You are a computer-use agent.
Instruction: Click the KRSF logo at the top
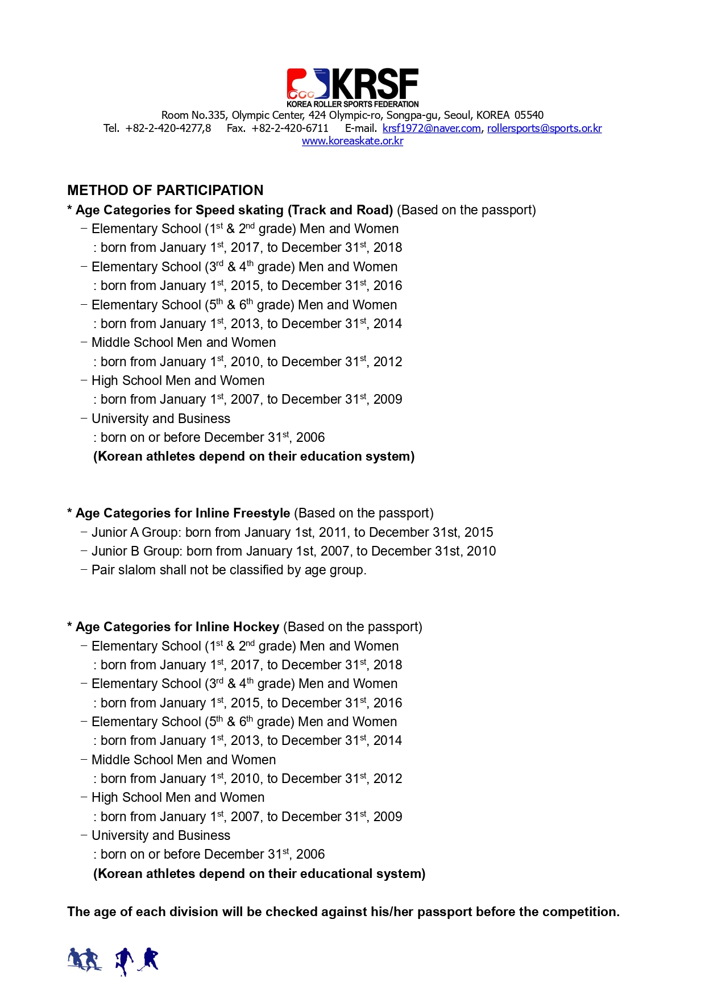tap(353, 87)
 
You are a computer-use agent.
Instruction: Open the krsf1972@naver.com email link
tap(432, 129)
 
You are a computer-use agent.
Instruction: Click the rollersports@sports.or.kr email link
tap(544, 129)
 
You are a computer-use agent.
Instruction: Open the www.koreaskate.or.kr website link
tap(353, 141)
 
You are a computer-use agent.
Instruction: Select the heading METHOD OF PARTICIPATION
tap(165, 191)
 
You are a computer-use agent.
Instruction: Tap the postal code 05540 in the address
tap(529, 115)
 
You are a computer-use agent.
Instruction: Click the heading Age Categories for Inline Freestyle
tap(183, 514)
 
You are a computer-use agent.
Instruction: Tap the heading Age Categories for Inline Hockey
tap(177, 627)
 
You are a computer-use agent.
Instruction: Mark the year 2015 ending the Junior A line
tap(479, 532)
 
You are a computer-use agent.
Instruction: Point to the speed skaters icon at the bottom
tap(84, 960)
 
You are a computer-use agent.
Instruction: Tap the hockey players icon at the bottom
tap(137, 961)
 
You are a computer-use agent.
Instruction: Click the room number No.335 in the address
tap(210, 115)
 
